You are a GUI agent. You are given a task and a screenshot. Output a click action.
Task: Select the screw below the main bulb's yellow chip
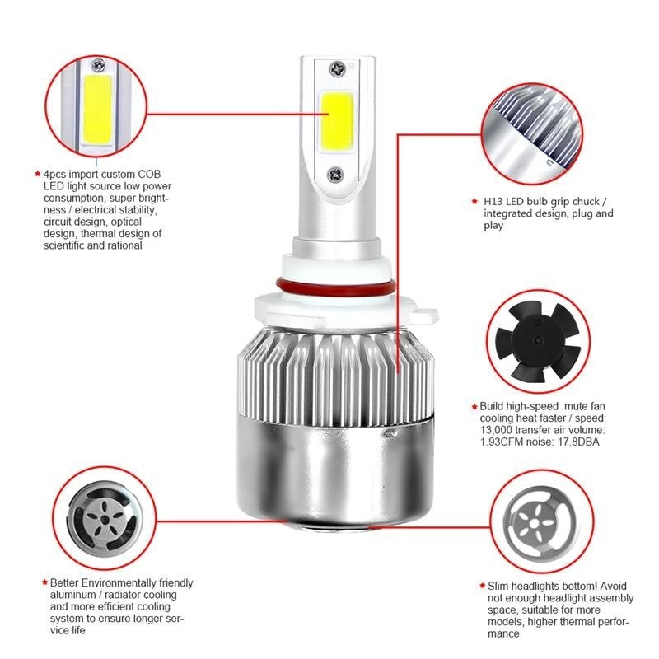335,174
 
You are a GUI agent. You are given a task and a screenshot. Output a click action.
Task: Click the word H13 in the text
491,202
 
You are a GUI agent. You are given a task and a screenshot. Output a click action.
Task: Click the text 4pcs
57,175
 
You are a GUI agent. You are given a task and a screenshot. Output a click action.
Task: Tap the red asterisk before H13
474,201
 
